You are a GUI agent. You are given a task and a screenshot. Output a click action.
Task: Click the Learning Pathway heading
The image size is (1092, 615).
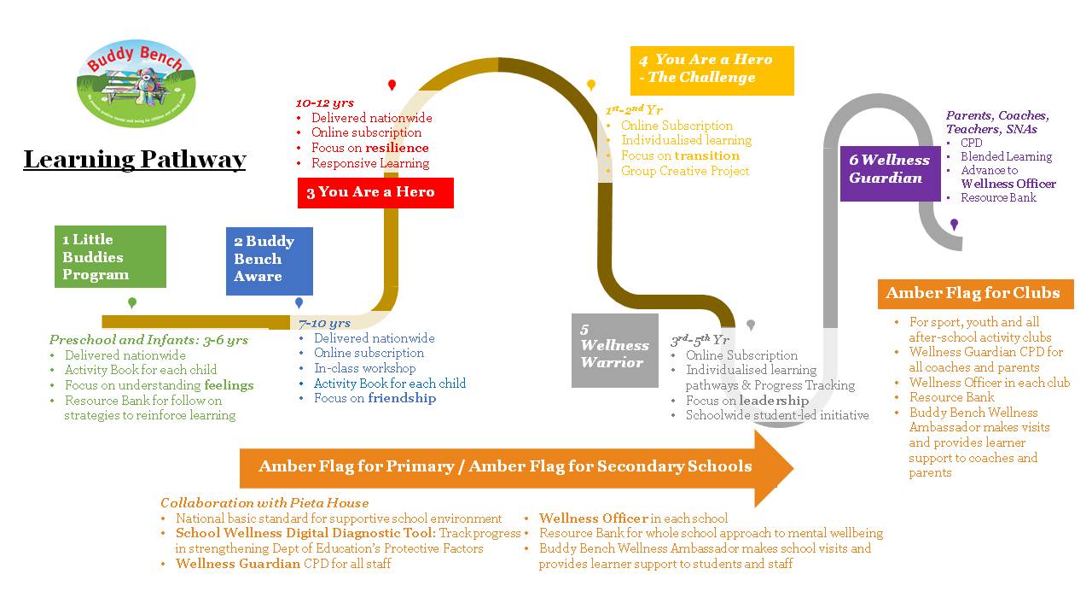tap(135, 160)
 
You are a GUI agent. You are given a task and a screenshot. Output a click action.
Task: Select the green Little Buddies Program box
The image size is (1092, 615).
tap(110, 257)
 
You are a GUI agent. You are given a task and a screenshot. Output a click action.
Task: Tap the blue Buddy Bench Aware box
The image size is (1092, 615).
tap(269, 260)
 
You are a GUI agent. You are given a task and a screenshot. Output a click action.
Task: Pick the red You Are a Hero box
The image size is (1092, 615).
tap(375, 193)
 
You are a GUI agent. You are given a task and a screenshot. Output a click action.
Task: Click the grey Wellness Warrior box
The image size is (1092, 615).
tap(614, 350)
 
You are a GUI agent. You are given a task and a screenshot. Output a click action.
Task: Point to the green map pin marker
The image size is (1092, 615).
tap(132, 303)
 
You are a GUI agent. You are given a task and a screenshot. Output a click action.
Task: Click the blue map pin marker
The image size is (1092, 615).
tap(299, 303)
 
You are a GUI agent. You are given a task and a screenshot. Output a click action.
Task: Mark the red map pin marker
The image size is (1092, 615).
tap(392, 85)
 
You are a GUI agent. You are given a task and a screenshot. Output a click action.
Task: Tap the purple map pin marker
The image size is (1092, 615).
tap(954, 224)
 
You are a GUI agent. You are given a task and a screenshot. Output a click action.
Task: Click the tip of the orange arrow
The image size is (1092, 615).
tap(792, 467)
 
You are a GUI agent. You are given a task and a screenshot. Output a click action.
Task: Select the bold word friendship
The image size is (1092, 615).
tap(402, 398)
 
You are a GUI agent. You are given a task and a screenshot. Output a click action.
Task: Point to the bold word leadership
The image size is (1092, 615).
tap(774, 401)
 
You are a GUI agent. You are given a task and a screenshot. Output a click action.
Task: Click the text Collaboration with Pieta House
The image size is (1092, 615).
tap(264, 503)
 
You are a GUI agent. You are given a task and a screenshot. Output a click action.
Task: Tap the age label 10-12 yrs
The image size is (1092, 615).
tap(324, 103)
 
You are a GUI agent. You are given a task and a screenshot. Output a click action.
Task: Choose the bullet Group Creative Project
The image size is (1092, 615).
tap(685, 171)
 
